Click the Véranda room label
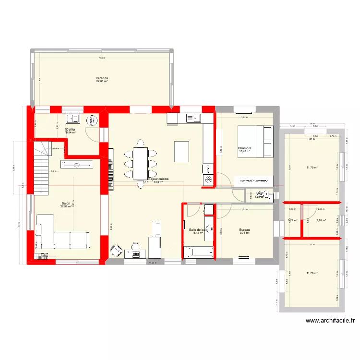coord(101,78)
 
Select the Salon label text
coord(66,204)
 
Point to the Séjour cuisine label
coord(158,179)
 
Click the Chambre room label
coord(245,148)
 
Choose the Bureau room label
coord(245,230)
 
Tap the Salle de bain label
coord(198,230)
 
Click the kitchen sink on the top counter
coord(195,117)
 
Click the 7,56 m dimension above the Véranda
coord(101,58)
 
